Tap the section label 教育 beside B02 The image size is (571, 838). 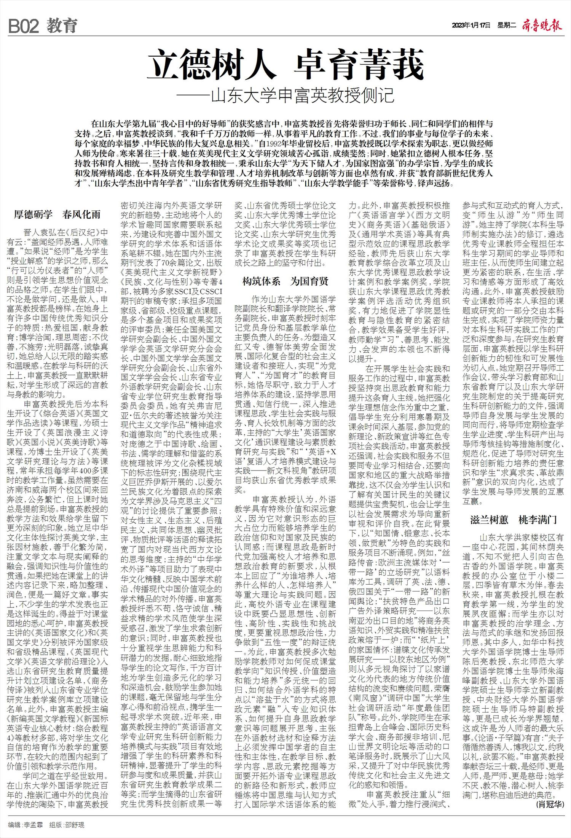(62, 26)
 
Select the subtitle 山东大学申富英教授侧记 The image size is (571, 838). (303, 96)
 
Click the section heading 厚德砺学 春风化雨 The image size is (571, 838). (57, 215)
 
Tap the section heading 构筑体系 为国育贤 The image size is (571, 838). (285, 281)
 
